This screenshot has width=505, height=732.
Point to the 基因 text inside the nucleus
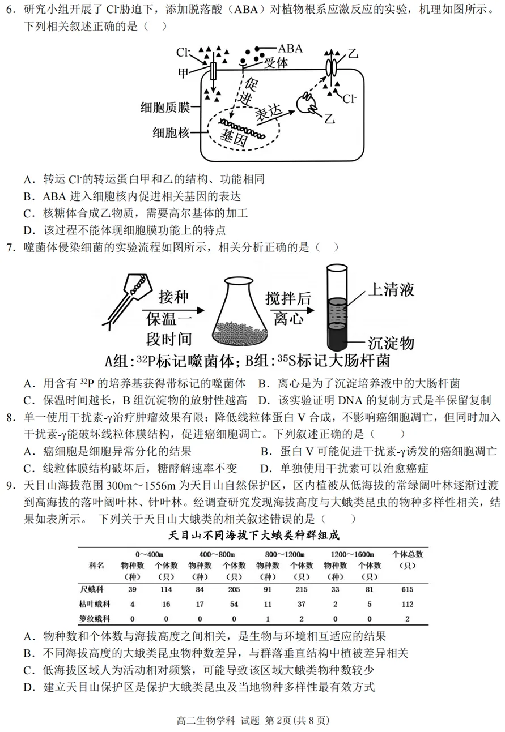point(235,137)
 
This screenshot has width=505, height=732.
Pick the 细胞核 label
point(171,133)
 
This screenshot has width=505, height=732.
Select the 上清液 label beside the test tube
point(391,289)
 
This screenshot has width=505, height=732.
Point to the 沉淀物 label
point(391,343)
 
